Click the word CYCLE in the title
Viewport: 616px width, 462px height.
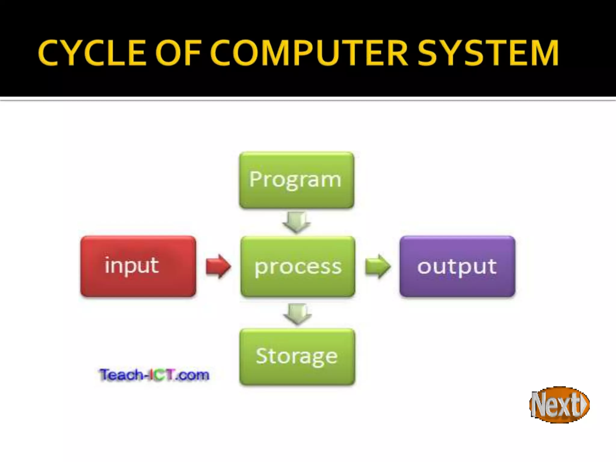pyautogui.click(x=92, y=53)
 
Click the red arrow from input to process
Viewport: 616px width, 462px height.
pyautogui.click(x=218, y=266)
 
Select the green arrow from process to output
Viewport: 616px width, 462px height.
pyautogui.click(x=378, y=266)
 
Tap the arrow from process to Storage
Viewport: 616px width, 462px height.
pyautogui.click(x=297, y=314)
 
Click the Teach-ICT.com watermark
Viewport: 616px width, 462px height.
pyautogui.click(x=154, y=375)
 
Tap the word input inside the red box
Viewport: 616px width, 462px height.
pyautogui.click(x=131, y=266)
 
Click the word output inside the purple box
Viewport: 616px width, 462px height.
pyautogui.click(x=457, y=267)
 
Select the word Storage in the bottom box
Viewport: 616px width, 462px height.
pyautogui.click(x=297, y=357)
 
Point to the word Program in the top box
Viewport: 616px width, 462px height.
pyautogui.click(x=295, y=180)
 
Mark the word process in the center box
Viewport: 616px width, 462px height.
pyautogui.click(x=298, y=267)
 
